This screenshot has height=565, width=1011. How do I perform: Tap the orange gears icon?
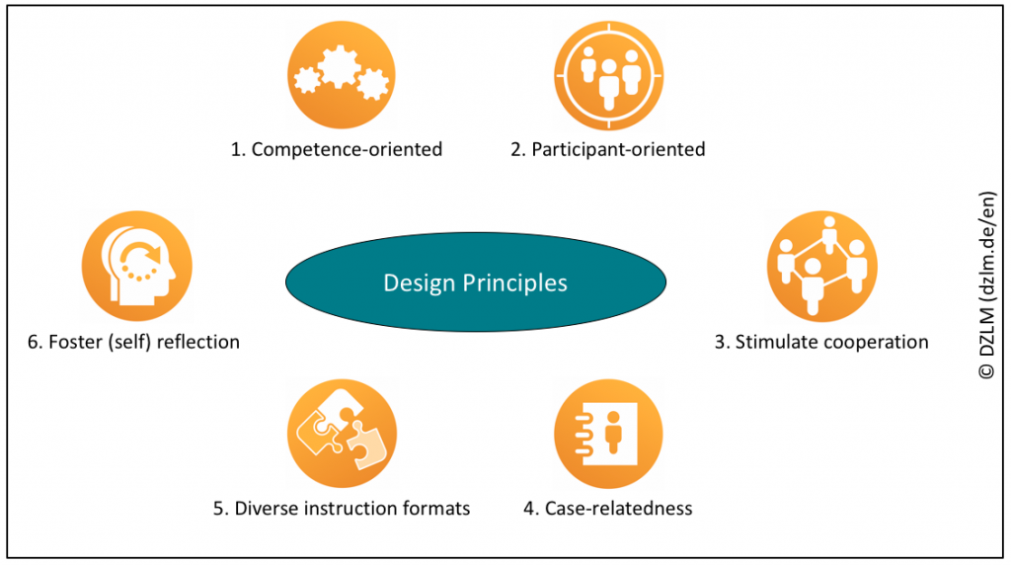click(342, 75)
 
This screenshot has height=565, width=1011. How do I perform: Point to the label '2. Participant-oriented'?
click(607, 150)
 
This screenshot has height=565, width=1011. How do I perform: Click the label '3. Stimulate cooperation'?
click(821, 342)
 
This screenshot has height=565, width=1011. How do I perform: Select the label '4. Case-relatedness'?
click(608, 509)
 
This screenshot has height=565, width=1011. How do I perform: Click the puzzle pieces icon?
click(342, 432)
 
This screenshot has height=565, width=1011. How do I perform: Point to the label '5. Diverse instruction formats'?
click(342, 509)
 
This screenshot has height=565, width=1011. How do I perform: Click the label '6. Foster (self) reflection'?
click(134, 342)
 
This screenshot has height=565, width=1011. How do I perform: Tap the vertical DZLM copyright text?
click(986, 283)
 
